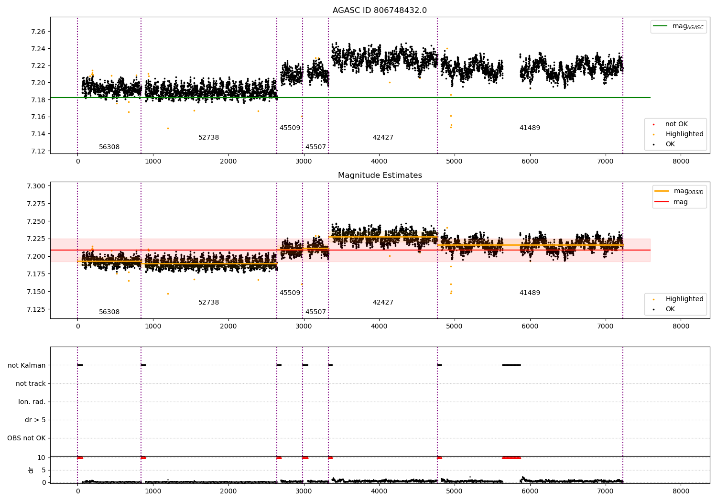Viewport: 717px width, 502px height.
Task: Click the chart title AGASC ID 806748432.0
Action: pyautogui.click(x=380, y=10)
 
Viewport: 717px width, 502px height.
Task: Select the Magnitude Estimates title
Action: pyautogui.click(x=380, y=175)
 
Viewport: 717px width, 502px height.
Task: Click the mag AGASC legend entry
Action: pyautogui.click(x=678, y=26)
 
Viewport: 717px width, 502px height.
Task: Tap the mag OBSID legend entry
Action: pyautogui.click(x=679, y=191)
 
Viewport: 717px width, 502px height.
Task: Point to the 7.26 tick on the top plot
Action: pyautogui.click(x=38, y=32)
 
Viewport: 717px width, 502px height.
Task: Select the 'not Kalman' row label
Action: pyautogui.click(x=27, y=365)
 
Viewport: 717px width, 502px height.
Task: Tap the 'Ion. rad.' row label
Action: pyautogui.click(x=32, y=402)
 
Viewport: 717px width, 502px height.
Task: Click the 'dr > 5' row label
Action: pyautogui.click(x=35, y=420)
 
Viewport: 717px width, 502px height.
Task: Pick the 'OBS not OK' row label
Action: pyautogui.click(x=26, y=438)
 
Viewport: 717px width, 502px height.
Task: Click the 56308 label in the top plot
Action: pyautogui.click(x=109, y=147)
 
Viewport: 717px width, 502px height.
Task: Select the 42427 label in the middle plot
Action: pyautogui.click(x=383, y=302)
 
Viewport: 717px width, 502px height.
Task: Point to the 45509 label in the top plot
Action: pyautogui.click(x=290, y=128)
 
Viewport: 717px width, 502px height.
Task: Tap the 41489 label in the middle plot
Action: pyautogui.click(x=530, y=293)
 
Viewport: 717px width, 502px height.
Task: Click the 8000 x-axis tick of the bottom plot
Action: pyautogui.click(x=681, y=491)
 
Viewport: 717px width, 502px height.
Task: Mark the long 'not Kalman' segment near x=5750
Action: pyautogui.click(x=511, y=365)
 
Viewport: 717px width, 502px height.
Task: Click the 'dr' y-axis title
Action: pyautogui.click(x=31, y=470)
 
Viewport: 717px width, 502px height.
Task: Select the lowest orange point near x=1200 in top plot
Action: pyautogui.click(x=168, y=129)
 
